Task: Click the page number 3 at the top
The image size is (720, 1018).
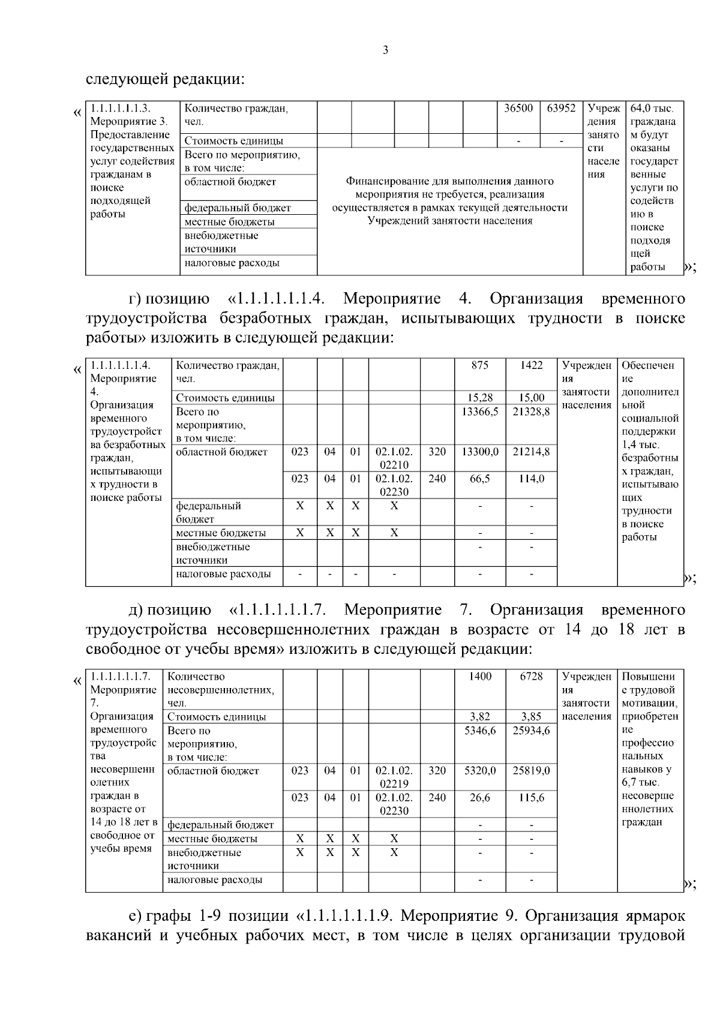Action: click(x=385, y=50)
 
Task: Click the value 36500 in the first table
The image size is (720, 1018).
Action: click(x=518, y=109)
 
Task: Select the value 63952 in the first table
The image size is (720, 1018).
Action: click(x=561, y=109)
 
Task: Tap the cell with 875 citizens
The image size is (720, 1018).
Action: click(x=480, y=365)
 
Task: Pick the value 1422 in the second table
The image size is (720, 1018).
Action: click(x=531, y=365)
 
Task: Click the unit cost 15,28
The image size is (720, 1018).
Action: click(x=480, y=397)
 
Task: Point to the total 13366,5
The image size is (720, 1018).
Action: click(x=480, y=412)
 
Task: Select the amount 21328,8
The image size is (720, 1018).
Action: click(x=531, y=412)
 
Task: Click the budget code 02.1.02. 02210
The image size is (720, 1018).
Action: click(x=394, y=458)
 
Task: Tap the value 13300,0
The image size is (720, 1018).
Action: click(x=480, y=452)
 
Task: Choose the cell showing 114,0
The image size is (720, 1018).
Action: click(x=531, y=478)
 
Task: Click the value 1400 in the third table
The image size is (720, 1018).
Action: click(x=480, y=676)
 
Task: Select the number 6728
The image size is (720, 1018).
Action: click(x=531, y=676)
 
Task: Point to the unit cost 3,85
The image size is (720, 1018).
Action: click(x=531, y=716)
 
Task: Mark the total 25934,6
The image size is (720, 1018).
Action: click(x=531, y=730)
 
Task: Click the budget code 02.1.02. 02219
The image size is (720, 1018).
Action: click(x=394, y=777)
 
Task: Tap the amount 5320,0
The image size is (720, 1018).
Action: click(x=480, y=770)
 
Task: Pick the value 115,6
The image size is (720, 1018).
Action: click(x=531, y=797)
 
